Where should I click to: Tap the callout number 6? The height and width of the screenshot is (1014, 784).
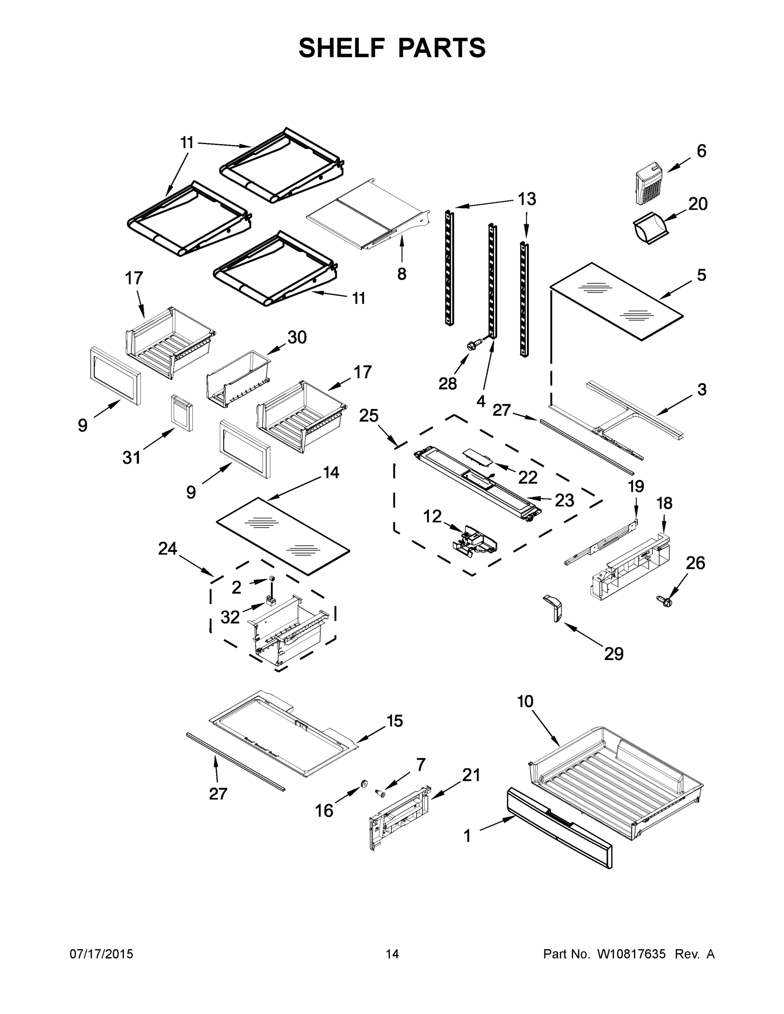click(701, 151)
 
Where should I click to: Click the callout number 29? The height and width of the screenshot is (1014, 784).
click(614, 654)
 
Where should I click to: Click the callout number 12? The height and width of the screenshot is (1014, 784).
click(432, 516)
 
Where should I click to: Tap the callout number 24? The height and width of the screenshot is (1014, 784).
click(168, 549)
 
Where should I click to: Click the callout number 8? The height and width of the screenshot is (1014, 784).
click(402, 274)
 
